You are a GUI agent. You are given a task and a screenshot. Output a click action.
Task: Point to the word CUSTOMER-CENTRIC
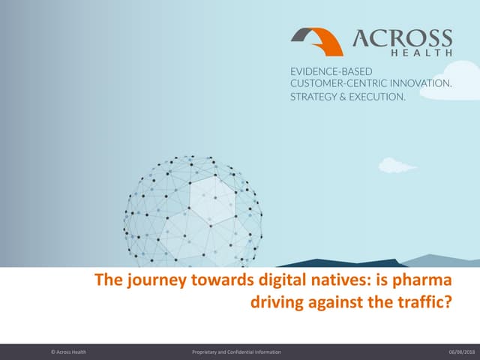339,84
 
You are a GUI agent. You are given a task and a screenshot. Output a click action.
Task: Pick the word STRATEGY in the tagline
315,97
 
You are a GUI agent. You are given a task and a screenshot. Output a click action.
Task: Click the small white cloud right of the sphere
395,165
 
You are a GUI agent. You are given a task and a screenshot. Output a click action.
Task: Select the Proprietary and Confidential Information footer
237,351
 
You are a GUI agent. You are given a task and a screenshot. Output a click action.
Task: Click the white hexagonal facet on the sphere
211,197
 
